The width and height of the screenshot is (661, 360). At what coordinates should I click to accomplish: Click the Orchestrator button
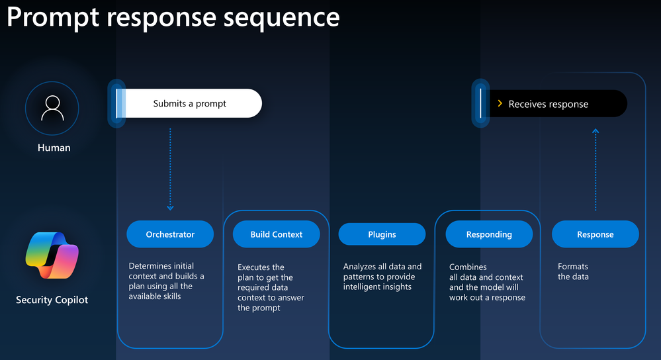click(x=170, y=234)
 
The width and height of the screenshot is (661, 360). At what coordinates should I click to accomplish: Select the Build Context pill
click(x=276, y=234)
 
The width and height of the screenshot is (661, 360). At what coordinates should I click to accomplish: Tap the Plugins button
click(x=382, y=234)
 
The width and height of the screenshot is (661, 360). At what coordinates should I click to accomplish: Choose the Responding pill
click(x=489, y=234)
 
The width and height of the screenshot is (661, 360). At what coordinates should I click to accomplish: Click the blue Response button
click(x=595, y=234)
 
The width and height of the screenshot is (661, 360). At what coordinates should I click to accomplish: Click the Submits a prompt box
click(x=189, y=103)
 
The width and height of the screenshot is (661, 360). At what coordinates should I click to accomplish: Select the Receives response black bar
click(x=553, y=104)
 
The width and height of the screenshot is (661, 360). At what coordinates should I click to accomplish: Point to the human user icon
click(x=52, y=109)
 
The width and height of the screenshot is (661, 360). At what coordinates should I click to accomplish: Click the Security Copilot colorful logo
click(x=52, y=255)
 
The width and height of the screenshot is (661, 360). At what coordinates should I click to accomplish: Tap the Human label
click(x=54, y=148)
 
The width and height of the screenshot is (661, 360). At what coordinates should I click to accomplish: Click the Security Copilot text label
click(x=52, y=300)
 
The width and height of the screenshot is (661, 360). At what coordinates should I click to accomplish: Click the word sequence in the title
click(x=281, y=18)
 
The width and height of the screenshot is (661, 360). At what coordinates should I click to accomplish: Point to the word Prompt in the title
click(x=53, y=19)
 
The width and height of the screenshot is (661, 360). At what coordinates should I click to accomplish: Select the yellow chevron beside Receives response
click(x=500, y=103)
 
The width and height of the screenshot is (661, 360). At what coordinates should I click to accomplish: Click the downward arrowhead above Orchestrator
click(x=170, y=207)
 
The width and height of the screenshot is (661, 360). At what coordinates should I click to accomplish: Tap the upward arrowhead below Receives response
click(x=595, y=131)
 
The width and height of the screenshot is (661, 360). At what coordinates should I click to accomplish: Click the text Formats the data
click(x=573, y=271)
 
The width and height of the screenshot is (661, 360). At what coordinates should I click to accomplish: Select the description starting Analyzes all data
click(x=382, y=277)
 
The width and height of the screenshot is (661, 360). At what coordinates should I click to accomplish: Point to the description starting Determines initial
click(x=166, y=281)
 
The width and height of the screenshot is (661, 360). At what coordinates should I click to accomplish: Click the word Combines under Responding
click(x=468, y=267)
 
